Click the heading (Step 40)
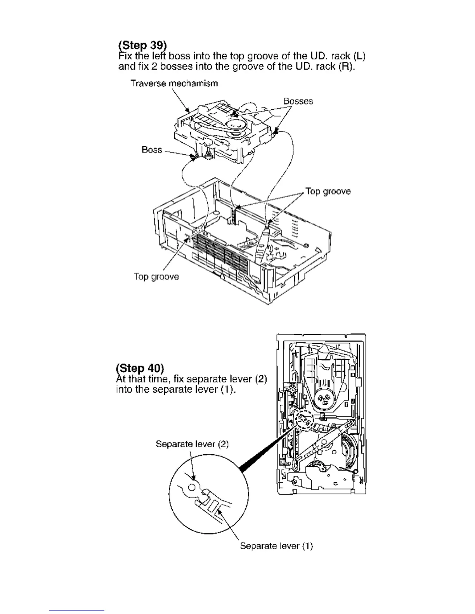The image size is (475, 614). coord(140,368)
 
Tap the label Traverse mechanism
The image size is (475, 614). coord(174,83)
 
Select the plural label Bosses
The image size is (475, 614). coord(298,101)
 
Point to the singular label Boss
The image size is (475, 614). coord(152,150)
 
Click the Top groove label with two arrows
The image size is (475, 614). coord(328,191)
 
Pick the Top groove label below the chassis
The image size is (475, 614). coord(156,277)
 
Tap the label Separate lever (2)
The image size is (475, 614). coord(192,444)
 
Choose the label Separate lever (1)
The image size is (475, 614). coord(276,546)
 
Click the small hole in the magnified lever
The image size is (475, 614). coord(191,488)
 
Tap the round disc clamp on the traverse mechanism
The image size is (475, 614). coord(237,125)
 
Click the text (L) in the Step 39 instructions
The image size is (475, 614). coord(359,56)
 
